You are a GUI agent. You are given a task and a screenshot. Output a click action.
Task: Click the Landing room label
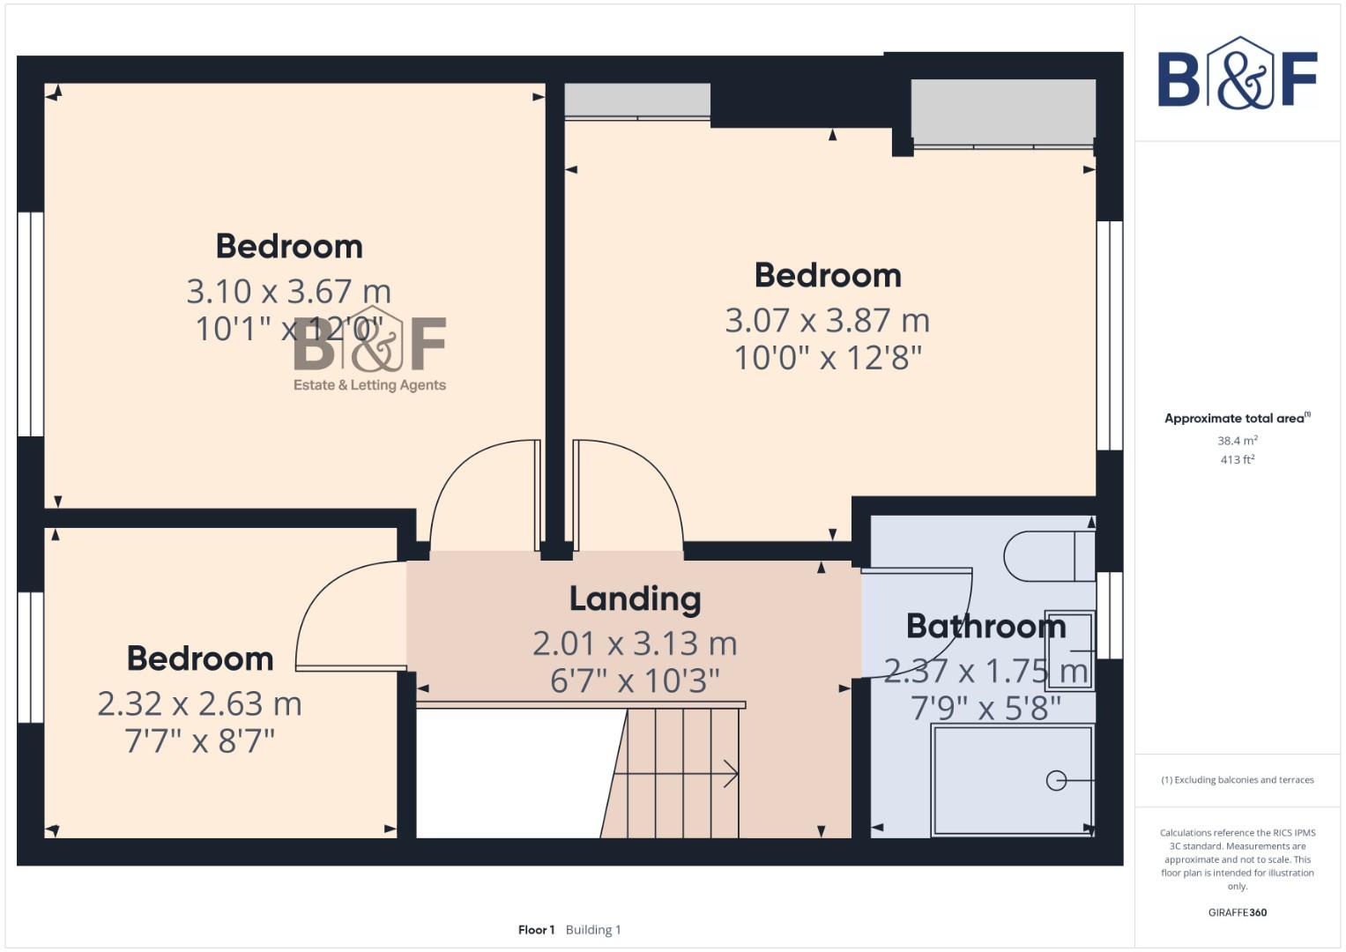[x=635, y=599]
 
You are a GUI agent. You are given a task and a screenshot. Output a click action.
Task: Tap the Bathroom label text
[x=985, y=626]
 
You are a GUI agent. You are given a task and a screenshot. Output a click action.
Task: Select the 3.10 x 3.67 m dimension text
[x=288, y=291]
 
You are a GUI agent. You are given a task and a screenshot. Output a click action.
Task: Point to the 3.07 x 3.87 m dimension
[x=827, y=320]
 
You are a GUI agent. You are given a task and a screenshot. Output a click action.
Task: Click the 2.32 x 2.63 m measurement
[x=199, y=703]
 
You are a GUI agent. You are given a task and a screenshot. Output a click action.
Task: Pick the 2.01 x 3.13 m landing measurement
[x=635, y=643]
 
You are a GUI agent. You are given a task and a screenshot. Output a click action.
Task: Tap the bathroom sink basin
[x=1069, y=651]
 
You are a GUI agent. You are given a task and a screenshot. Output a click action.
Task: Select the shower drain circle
[x=1056, y=780]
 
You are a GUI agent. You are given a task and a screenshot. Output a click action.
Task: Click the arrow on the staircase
[x=730, y=774]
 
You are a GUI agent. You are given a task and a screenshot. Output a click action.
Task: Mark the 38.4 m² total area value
[x=1237, y=441]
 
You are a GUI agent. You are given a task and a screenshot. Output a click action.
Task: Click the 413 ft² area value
[x=1237, y=460]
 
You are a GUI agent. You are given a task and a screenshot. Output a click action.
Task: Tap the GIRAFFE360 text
[x=1237, y=912]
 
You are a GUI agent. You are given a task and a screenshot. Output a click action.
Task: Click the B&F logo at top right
[x=1237, y=74]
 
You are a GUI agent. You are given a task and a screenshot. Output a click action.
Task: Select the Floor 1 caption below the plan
[x=536, y=930]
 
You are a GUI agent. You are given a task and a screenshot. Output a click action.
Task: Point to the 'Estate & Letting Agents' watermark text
[x=369, y=385]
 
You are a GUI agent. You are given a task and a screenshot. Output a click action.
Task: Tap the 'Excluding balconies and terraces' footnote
[x=1237, y=780]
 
